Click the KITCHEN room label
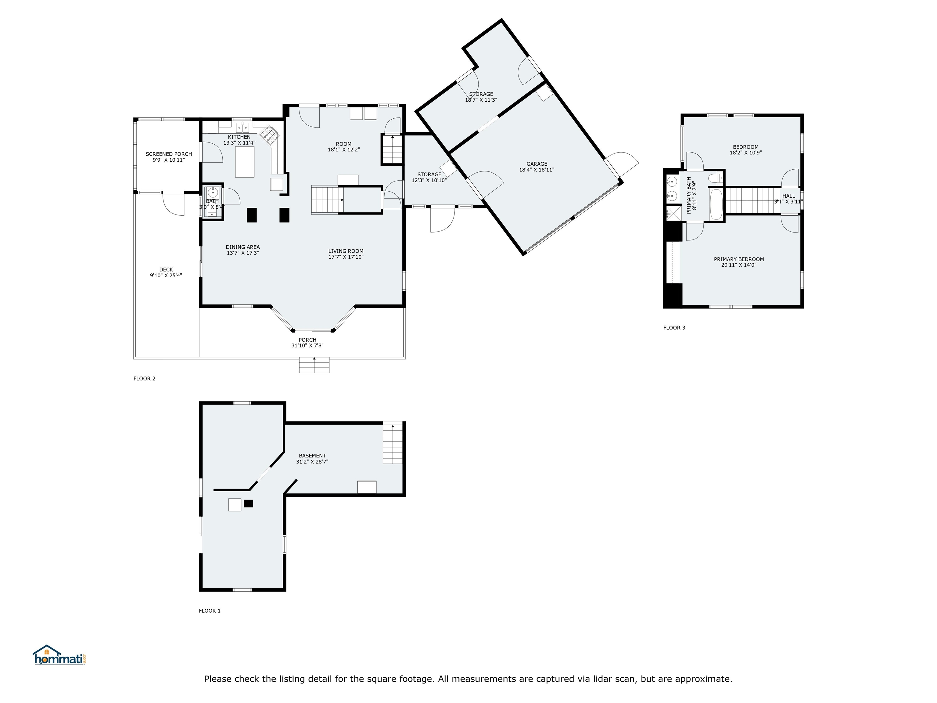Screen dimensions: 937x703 pos(239,137)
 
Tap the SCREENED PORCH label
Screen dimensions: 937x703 pos(169,154)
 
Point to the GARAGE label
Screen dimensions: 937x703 pos(537,164)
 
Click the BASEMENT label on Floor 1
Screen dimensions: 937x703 pos(312,456)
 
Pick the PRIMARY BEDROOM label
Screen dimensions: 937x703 pos(739,259)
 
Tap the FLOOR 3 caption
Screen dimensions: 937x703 pos(674,328)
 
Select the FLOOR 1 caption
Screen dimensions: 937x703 pos(210,611)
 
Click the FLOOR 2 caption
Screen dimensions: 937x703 pos(145,378)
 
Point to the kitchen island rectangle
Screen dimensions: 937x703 pos(245,162)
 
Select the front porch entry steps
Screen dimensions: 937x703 pos(314,365)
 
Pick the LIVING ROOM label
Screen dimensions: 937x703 pos(346,251)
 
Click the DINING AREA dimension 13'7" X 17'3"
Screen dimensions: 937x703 pos(243,253)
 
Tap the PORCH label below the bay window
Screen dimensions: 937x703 pos(307,340)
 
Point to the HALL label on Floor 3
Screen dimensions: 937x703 pos(789,196)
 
